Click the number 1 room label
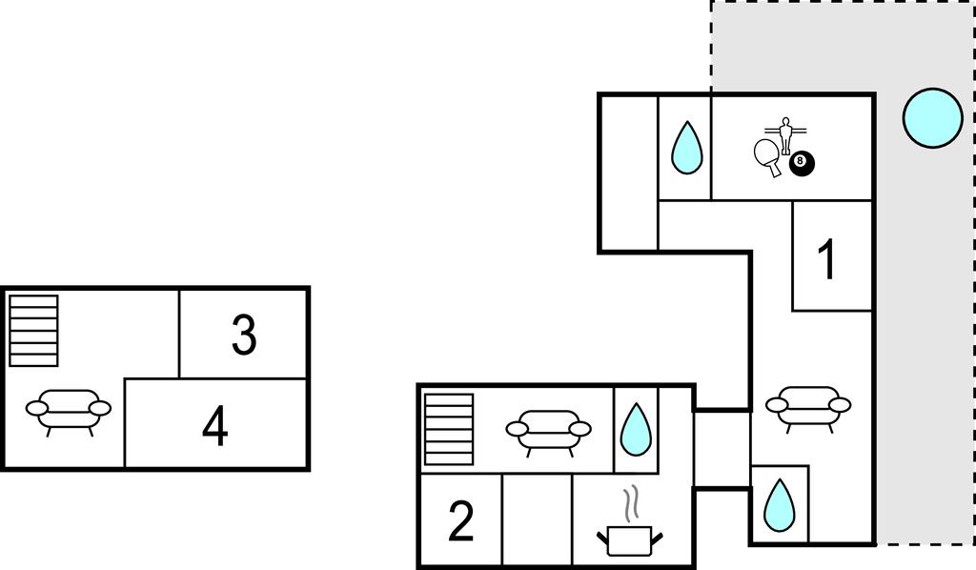[x=828, y=259]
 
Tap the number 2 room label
[x=461, y=521]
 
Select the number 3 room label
[x=244, y=336]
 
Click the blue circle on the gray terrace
[x=932, y=118]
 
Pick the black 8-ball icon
[x=802, y=163]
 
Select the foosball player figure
[x=785, y=134]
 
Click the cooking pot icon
[x=628, y=541]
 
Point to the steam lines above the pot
[x=629, y=503]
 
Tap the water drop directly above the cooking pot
[x=635, y=429]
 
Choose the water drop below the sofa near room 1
[x=780, y=505]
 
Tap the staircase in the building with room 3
[x=33, y=331]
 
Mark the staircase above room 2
[x=449, y=428]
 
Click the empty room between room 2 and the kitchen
[x=537, y=520]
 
